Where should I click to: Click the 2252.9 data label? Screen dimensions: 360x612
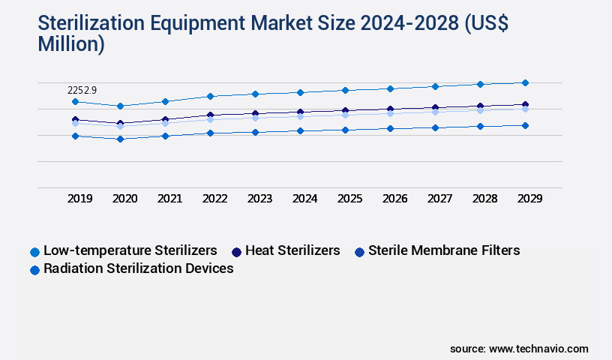pyautogui.click(x=82, y=90)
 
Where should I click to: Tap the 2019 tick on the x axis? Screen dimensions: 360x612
pyautogui.click(x=79, y=199)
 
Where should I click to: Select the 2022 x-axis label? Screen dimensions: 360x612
pyautogui.click(x=214, y=199)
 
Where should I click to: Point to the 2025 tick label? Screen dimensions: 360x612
pyautogui.click(x=349, y=199)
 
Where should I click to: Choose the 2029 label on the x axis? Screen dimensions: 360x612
pyautogui.click(x=529, y=199)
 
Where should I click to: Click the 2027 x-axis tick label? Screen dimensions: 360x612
pyautogui.click(x=439, y=199)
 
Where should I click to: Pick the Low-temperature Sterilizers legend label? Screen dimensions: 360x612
pyautogui.click(x=130, y=250)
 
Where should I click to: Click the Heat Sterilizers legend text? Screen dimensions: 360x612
pyautogui.click(x=292, y=250)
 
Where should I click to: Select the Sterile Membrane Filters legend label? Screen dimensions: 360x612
pyautogui.click(x=444, y=250)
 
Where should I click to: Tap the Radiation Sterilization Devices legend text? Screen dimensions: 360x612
pyautogui.click(x=139, y=268)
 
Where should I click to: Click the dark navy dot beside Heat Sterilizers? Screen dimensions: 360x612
pyautogui.click(x=236, y=251)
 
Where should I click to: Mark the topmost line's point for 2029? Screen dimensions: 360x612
pyautogui.click(x=525, y=82)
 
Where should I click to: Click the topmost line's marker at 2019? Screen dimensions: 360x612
pyautogui.click(x=75, y=101)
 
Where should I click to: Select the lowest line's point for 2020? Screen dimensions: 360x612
pyautogui.click(x=120, y=139)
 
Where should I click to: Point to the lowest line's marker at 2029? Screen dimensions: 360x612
pyautogui.click(x=525, y=125)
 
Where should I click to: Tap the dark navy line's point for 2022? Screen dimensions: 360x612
pyautogui.click(x=210, y=115)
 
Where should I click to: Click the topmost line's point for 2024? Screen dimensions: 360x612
pyautogui.click(x=300, y=92)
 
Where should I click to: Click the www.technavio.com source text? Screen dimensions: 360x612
pyautogui.click(x=538, y=349)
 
